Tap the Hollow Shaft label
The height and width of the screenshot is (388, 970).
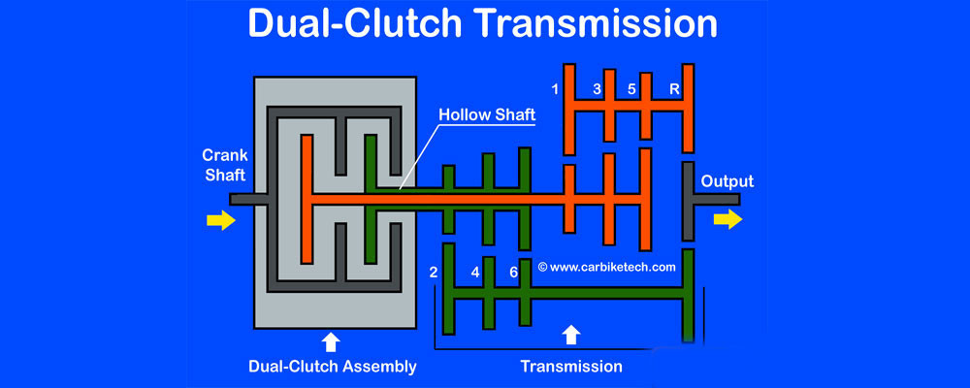coord(487,114)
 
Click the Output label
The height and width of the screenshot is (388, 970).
coord(727,181)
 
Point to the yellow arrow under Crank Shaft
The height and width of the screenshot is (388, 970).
coord(221,221)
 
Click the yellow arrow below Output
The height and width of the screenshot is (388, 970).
coord(727,220)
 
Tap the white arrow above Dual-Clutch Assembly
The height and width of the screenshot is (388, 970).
coord(331,341)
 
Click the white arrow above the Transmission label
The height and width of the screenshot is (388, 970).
coord(571,335)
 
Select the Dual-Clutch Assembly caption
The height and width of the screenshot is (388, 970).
coord(331,367)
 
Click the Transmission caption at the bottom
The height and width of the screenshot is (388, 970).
coord(571,367)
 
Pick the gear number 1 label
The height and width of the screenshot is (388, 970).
coord(555,90)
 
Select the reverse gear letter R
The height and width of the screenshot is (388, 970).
coord(673,90)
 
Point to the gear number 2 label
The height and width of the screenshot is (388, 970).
coord(434,273)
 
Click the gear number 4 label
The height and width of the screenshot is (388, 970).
coord(474,273)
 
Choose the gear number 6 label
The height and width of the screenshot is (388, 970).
coord(513,273)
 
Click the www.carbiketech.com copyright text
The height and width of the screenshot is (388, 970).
coord(605,266)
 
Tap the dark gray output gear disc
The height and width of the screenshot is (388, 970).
coord(688,201)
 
